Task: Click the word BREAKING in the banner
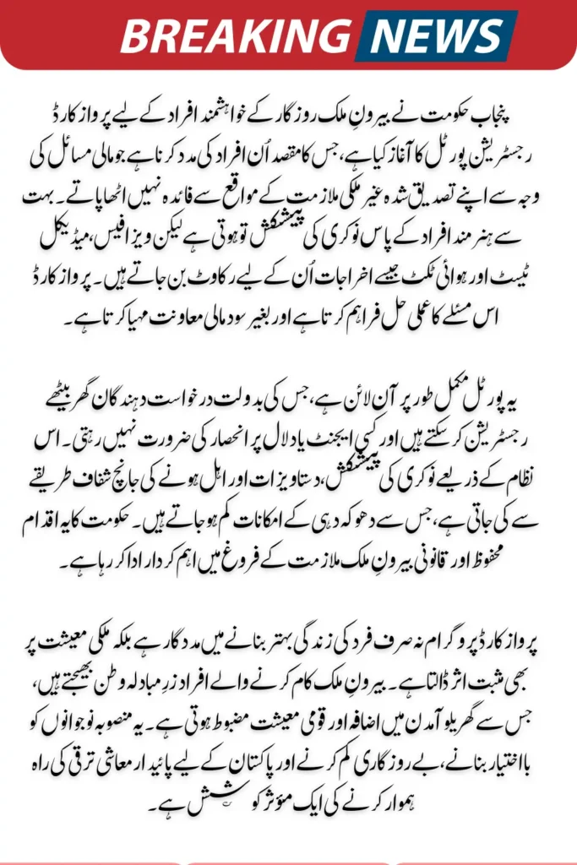tap(234, 35)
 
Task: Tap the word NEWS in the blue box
tap(434, 35)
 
